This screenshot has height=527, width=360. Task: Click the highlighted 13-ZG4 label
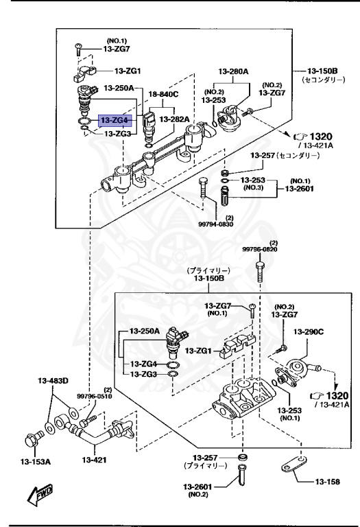pyautogui.click(x=114, y=121)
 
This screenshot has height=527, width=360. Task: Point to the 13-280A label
pyautogui.click(x=234, y=71)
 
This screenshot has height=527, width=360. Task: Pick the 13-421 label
pyautogui.click(x=96, y=460)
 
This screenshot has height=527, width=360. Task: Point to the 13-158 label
pyautogui.click(x=328, y=482)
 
